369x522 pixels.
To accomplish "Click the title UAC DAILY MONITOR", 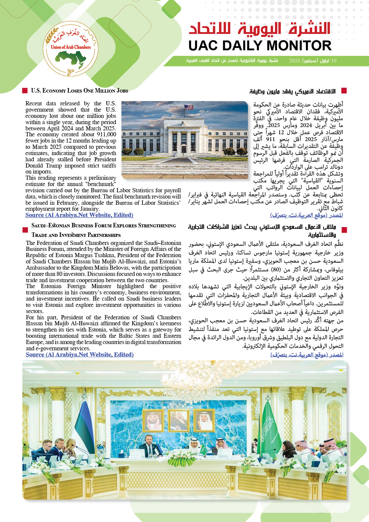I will coord(260,46).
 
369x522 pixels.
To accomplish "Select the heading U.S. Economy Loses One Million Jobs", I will coord(79,91).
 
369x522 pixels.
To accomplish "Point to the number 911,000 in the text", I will coord(106,135).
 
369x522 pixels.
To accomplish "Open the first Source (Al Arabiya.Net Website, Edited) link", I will coord(79,215).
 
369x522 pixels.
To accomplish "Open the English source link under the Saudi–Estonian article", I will coord(79,355).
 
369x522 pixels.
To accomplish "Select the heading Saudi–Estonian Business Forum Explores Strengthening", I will coord(104,226).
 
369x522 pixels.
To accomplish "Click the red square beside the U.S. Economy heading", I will coord(25,90).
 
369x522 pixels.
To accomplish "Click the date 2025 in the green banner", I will coord(295,61).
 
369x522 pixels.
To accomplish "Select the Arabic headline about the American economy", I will coord(292,91).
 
